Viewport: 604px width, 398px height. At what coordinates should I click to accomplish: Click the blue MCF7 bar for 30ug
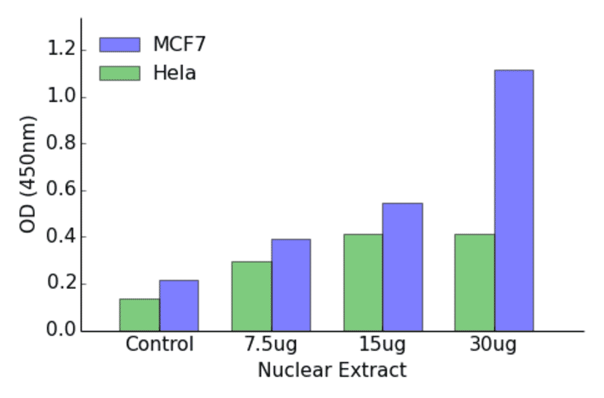tap(513, 201)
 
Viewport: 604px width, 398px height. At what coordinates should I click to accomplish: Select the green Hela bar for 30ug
tap(474, 282)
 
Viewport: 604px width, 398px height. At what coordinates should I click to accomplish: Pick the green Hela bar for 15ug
tap(363, 282)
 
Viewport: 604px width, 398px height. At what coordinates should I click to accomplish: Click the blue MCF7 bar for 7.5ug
tap(291, 285)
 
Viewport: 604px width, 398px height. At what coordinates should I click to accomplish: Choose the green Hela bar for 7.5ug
tap(252, 296)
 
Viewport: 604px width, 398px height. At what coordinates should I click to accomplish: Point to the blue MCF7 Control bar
tap(179, 306)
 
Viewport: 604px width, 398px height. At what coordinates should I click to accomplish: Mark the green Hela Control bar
tap(140, 314)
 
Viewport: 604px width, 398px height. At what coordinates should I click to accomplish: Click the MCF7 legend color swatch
tap(119, 44)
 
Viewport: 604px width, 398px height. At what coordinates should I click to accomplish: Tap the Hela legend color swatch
tap(119, 72)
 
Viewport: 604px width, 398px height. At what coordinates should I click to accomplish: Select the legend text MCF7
tap(179, 44)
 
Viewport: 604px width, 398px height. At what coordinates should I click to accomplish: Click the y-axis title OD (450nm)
tap(28, 174)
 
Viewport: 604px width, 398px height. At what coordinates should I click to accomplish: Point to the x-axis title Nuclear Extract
tap(332, 370)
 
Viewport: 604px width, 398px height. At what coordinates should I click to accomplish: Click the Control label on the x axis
tap(160, 345)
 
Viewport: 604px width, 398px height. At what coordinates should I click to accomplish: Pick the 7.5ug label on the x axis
tap(271, 345)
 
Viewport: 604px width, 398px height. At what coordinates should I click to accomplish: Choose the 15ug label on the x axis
tap(383, 345)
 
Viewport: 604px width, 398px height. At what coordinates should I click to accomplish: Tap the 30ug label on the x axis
tap(494, 345)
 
